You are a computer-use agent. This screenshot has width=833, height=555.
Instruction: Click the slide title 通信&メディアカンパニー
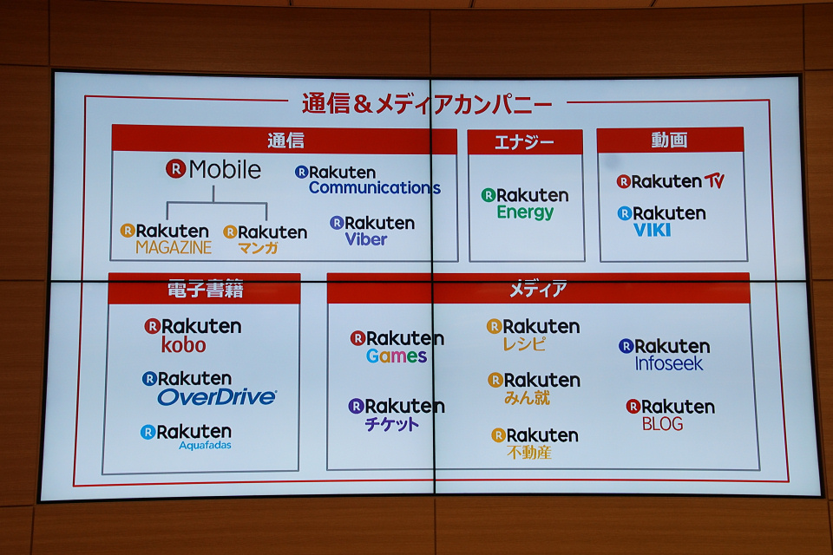point(427,103)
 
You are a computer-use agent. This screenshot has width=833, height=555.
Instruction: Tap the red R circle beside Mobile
point(176,169)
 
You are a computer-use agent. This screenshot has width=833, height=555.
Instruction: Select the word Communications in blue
point(375,187)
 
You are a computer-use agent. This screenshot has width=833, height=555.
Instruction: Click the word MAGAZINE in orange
point(174,247)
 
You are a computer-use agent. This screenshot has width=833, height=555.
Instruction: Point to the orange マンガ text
point(259,247)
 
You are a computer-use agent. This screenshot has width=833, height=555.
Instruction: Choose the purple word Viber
point(366,239)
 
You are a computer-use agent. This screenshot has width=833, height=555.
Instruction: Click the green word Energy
point(525,212)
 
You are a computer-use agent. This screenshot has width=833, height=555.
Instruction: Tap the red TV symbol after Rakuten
point(714,181)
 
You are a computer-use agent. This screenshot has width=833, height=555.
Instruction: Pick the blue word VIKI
point(652,230)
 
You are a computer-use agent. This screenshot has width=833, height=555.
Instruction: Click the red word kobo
point(183,345)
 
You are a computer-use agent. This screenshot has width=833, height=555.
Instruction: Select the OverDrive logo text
point(217,396)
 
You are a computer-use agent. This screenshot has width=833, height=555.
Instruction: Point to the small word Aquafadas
point(205,445)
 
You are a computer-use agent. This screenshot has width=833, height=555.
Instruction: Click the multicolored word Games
point(397,356)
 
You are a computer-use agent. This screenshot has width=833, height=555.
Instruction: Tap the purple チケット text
point(392,424)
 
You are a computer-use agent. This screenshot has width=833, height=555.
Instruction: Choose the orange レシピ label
point(524,343)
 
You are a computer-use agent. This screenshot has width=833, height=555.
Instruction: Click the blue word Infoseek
point(669,363)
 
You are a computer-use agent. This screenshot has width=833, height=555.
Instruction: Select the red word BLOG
point(662,424)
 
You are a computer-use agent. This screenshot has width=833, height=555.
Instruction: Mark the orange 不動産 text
point(529,452)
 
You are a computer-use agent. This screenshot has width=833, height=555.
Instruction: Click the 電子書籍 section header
point(205,289)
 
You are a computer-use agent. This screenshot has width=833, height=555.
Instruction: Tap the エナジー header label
point(524,142)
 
